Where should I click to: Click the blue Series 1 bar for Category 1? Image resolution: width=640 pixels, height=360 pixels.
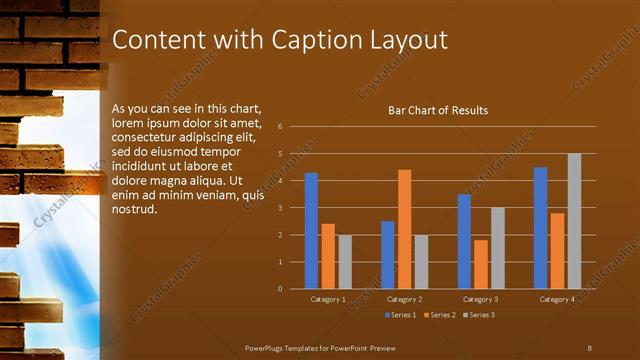[311, 231]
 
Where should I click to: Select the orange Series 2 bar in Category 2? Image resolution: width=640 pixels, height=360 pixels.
[404, 229]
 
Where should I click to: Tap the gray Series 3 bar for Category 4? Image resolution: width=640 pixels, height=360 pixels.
[574, 221]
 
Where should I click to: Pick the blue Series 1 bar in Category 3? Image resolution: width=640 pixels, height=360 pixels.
[464, 241]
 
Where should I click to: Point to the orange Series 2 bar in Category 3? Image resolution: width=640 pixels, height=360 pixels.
[481, 264]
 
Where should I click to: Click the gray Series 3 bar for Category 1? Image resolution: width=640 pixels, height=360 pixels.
[345, 262]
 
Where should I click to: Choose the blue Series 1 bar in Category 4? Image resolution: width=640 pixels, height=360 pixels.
[540, 228]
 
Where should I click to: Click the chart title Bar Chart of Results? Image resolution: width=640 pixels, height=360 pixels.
[438, 110]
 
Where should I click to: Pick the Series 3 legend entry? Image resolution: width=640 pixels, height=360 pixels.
[478, 315]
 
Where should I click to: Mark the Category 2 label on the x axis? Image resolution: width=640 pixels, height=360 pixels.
[404, 299]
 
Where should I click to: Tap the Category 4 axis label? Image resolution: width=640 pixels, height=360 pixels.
[557, 299]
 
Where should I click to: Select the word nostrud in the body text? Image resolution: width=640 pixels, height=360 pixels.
[135, 208]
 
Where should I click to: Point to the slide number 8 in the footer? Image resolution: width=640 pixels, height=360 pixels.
[590, 346]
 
